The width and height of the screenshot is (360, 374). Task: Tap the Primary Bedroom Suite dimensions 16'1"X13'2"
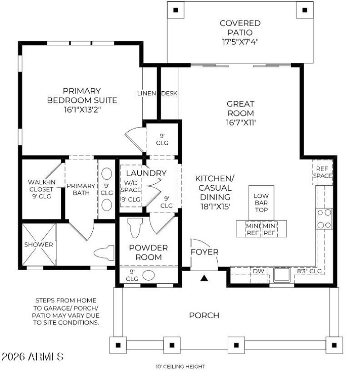pyautogui.click(x=82, y=110)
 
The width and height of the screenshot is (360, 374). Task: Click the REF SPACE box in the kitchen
pyautogui.click(x=323, y=172)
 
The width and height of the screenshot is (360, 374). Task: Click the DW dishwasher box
pyautogui.click(x=259, y=272)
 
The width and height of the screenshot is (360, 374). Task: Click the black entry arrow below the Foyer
pyautogui.click(x=204, y=278)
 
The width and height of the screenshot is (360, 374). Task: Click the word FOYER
pyautogui.click(x=204, y=252)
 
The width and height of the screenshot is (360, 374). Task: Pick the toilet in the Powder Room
pyautogui.click(x=135, y=227)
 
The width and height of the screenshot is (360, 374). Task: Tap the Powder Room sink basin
pyautogui.click(x=148, y=276)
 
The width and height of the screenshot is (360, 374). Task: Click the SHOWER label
pyautogui.click(x=38, y=245)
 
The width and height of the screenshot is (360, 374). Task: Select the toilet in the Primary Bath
pyautogui.click(x=104, y=253)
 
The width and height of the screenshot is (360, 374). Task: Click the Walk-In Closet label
pyautogui.click(x=41, y=189)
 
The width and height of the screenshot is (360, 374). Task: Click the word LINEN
pyautogui.click(x=146, y=93)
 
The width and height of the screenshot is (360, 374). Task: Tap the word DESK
pyautogui.click(x=169, y=93)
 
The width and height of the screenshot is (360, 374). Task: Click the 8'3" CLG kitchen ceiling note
pyautogui.click(x=309, y=271)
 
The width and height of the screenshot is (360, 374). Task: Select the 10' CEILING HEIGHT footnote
pyautogui.click(x=180, y=367)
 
